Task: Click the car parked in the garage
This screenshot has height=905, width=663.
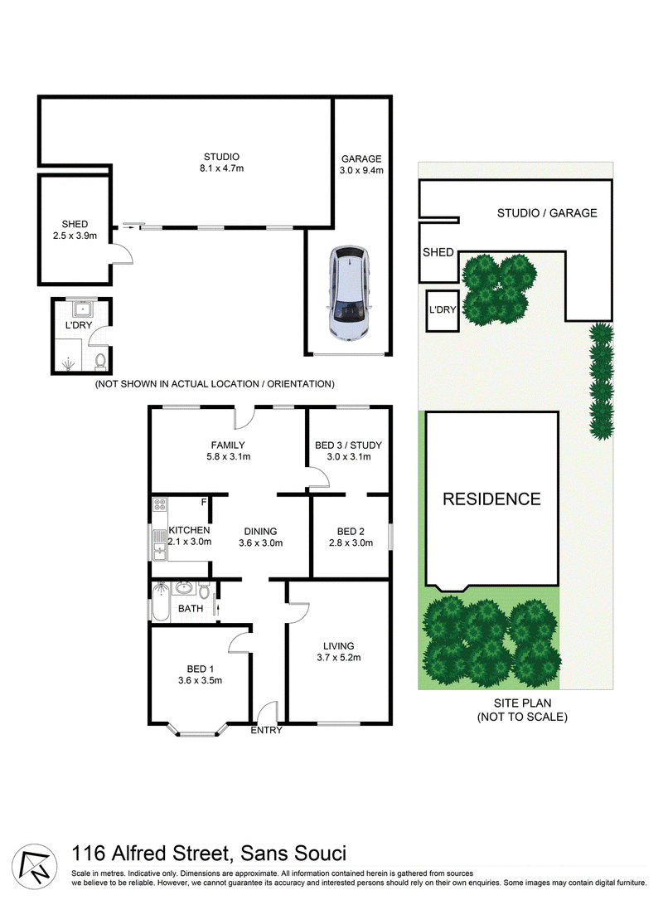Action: point(349,293)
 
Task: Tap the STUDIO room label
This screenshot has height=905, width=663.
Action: point(221,157)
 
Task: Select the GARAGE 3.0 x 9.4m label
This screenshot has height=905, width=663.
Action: point(361,164)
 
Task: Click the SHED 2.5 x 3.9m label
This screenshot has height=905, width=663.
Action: point(75,230)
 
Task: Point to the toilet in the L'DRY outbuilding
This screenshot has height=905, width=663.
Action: point(100,362)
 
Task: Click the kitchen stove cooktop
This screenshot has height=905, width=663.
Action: point(160,506)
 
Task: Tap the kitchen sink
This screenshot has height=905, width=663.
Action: point(160,544)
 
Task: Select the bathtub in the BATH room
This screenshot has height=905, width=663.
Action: point(161,601)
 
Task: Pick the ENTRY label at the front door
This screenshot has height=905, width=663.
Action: point(266,730)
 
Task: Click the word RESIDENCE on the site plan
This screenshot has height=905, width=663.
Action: point(491,499)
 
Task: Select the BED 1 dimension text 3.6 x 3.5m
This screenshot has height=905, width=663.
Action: point(200,680)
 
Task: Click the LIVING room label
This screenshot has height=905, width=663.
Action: point(338,646)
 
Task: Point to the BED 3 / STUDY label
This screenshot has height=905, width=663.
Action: point(348,445)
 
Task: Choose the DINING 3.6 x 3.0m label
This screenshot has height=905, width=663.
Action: point(260,538)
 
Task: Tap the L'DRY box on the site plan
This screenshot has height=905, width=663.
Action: point(443,310)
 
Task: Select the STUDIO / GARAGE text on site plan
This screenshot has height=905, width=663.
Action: point(547,213)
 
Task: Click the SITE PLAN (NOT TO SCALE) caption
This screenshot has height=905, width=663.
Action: point(522,710)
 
